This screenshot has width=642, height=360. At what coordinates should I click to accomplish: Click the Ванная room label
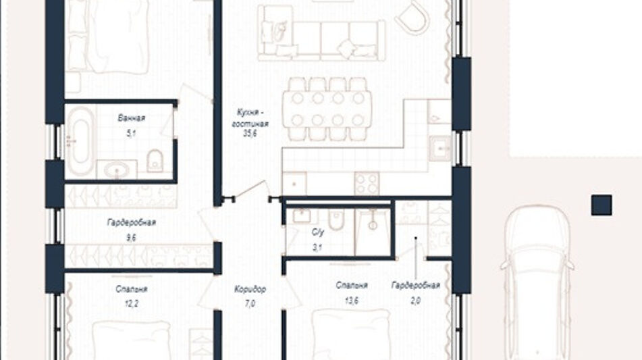click(x=131, y=118)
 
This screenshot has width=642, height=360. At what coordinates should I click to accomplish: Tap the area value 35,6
click(x=250, y=134)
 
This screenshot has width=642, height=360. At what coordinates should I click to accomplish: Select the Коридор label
click(x=250, y=289)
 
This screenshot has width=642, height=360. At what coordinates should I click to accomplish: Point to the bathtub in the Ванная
click(x=80, y=141)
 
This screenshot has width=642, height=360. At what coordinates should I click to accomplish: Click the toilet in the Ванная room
click(x=155, y=161)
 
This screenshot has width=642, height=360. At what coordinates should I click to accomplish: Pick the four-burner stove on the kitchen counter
click(x=367, y=184)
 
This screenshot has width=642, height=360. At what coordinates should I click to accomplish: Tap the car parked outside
click(x=537, y=282)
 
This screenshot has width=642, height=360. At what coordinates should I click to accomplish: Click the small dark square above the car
click(x=601, y=205)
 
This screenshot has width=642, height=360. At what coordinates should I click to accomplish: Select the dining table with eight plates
click(x=327, y=109)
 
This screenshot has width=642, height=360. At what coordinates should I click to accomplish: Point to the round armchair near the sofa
click(x=412, y=18)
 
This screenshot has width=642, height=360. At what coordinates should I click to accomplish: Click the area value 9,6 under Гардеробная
click(x=131, y=238)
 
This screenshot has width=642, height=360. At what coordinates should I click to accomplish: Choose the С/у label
click(x=318, y=232)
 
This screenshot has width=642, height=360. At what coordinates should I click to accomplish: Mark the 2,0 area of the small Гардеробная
click(x=416, y=301)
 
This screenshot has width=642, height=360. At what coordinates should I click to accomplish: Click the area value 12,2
click(x=131, y=304)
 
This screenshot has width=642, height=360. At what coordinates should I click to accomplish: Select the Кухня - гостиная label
click(x=250, y=118)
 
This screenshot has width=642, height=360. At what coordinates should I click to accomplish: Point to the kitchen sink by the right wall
click(x=439, y=149)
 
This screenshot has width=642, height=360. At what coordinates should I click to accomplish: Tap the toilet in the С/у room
click(x=336, y=220)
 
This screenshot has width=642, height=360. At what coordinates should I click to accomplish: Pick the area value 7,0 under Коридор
click(x=250, y=304)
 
